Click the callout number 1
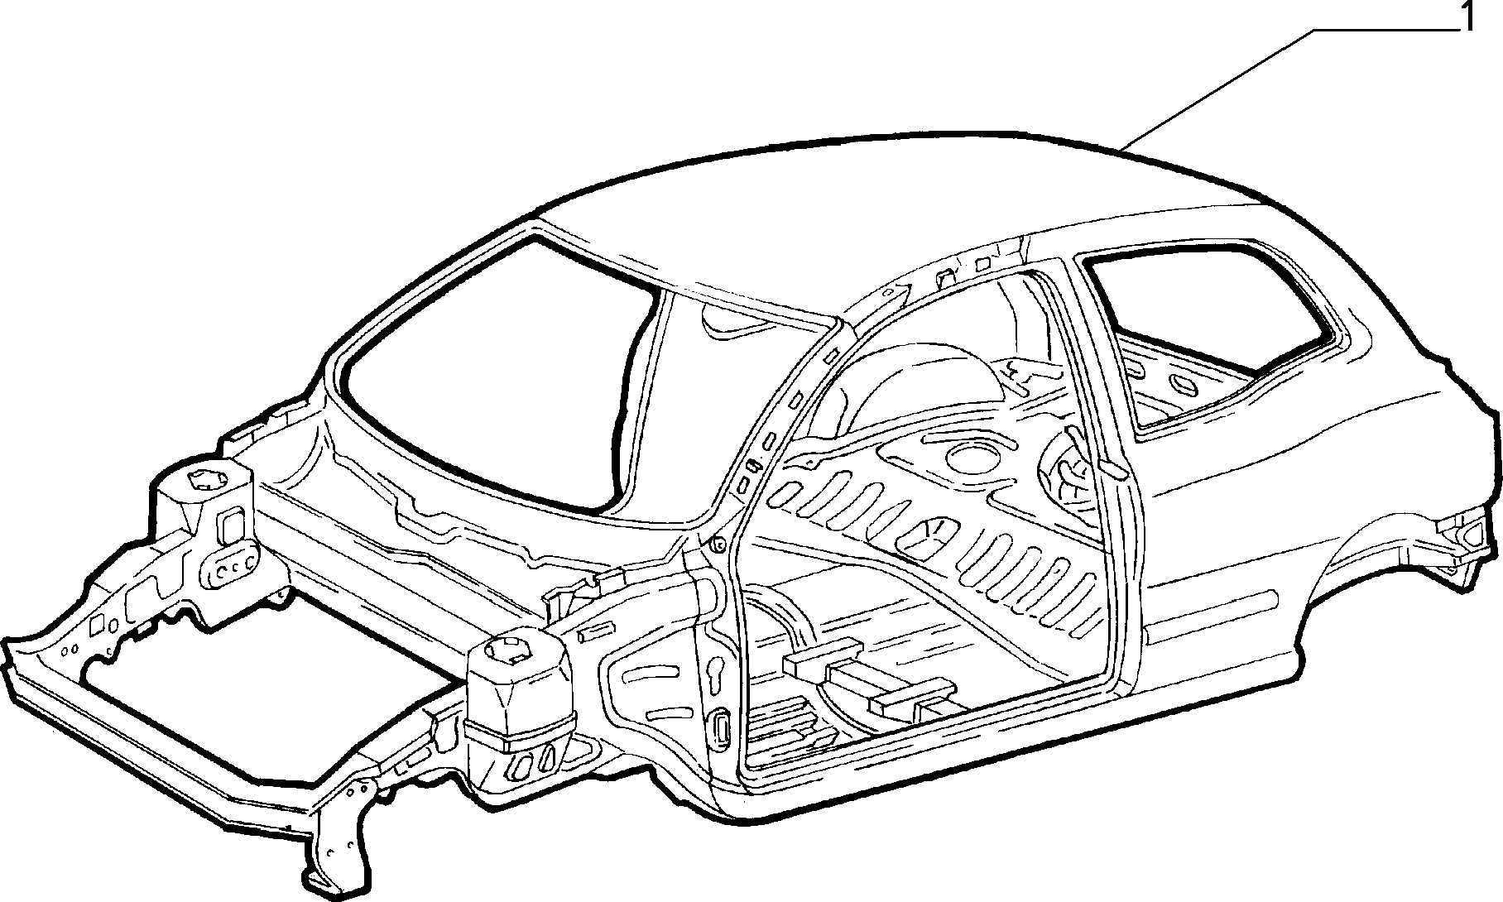pos(1467,17)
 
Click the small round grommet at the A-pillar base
pos(718,545)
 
